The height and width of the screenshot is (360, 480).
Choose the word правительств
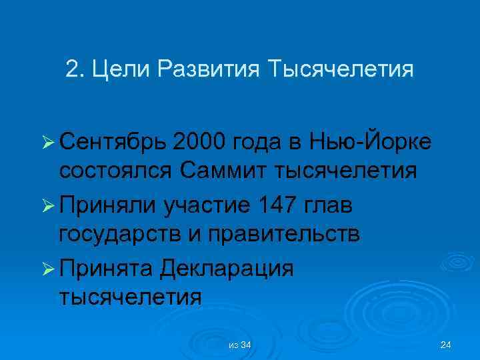coord(288,235)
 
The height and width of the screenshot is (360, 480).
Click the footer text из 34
coord(239,345)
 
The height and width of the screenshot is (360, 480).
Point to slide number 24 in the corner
coord(446,345)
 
